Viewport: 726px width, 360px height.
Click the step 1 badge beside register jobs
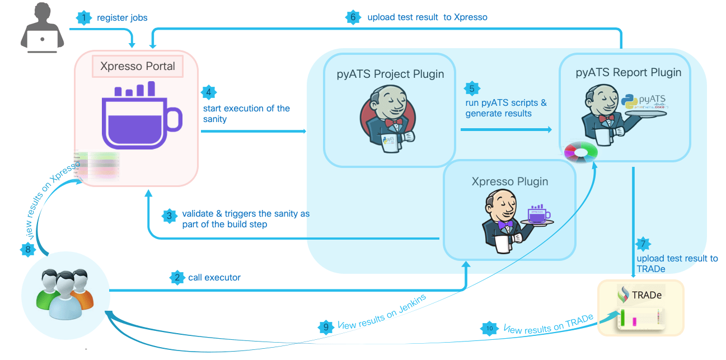point(83,17)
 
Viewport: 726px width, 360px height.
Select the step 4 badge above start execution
point(208,92)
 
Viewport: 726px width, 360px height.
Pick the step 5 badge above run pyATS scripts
point(471,88)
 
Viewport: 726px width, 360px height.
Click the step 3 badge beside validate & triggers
point(169,215)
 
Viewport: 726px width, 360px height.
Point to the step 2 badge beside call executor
point(177,277)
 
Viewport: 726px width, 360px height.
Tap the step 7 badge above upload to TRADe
point(644,244)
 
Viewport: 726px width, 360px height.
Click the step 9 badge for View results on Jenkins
point(325,327)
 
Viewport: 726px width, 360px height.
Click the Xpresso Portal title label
point(138,66)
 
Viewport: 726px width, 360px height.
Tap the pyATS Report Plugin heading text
point(629,72)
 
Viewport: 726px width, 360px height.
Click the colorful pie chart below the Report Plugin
point(581,152)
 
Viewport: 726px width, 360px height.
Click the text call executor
point(215,277)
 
